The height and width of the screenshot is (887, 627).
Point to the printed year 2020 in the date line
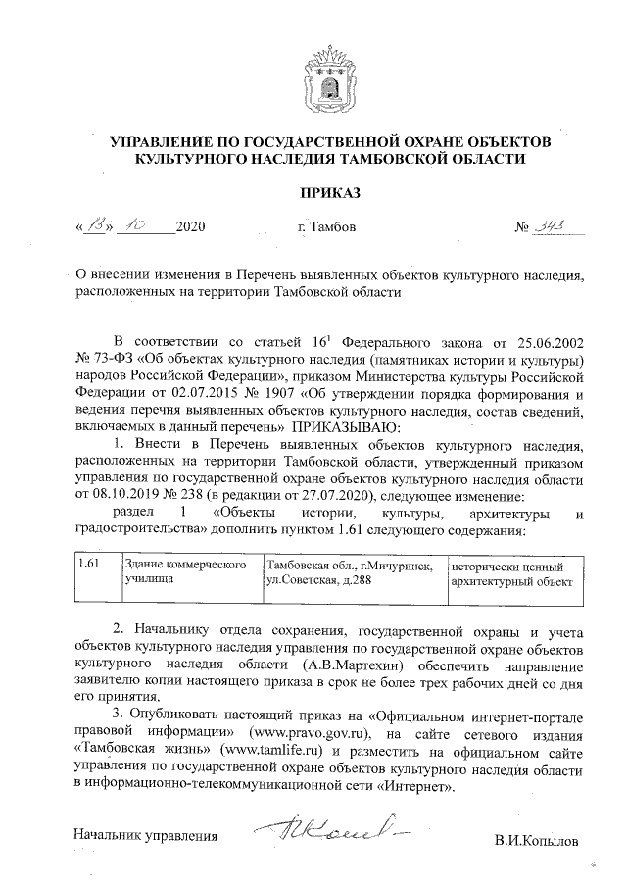pyautogui.click(x=190, y=228)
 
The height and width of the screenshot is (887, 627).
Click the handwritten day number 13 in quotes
pyautogui.click(x=95, y=226)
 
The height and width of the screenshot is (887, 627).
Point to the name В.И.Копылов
pyautogui.click(x=537, y=840)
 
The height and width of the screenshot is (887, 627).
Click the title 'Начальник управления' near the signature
pyautogui.click(x=145, y=835)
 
